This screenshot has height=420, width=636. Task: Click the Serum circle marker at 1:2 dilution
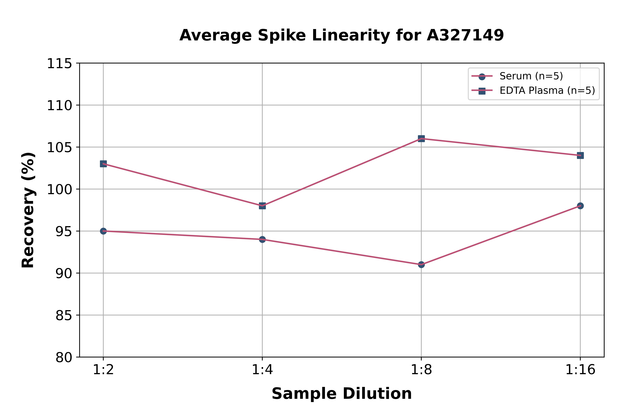[x=103, y=231]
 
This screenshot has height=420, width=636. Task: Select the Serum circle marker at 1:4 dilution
[x=262, y=239]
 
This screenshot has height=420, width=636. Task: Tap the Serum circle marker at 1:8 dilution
[x=421, y=265]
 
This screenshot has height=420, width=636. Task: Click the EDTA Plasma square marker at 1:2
[x=103, y=164]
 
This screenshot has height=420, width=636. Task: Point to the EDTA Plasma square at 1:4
[x=262, y=206]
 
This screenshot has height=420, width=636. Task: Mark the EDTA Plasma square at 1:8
[x=421, y=138]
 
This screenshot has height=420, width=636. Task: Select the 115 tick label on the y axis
[x=59, y=64]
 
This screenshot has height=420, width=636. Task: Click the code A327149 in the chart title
[x=465, y=35]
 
